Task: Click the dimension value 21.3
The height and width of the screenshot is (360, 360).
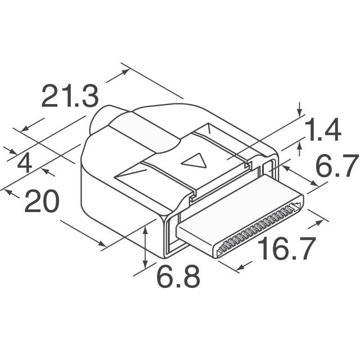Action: [x=70, y=96]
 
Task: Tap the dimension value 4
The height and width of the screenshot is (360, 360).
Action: [x=25, y=164]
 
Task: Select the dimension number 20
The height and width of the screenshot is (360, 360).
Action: [x=42, y=201]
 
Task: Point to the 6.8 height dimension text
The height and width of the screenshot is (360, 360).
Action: [x=178, y=276]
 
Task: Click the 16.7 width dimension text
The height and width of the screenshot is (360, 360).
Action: [x=286, y=249]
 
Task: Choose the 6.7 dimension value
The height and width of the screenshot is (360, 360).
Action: [x=337, y=165]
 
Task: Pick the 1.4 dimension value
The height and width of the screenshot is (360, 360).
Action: [x=322, y=129]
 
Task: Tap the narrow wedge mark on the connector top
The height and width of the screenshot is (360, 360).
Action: [x=130, y=174]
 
